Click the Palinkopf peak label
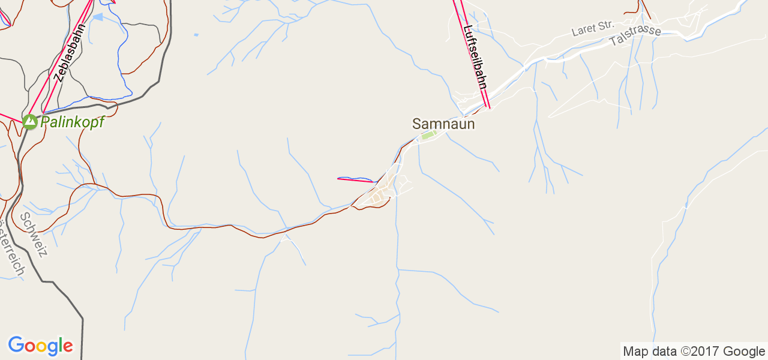[x=72, y=122]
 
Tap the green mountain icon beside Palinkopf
[x=29, y=122]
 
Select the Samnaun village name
[x=443, y=124]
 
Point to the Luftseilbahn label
[x=475, y=58]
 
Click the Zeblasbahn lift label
[x=70, y=52]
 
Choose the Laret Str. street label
[x=592, y=28]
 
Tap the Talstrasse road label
[x=635, y=36]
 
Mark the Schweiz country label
[x=34, y=235]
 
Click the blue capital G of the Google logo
[x=16, y=345]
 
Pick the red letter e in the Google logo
[x=67, y=347]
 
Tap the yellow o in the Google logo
[x=41, y=347]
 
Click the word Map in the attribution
[x=635, y=352]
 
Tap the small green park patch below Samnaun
[x=427, y=135]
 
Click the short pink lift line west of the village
[x=356, y=179]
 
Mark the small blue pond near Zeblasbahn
[x=98, y=17]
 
